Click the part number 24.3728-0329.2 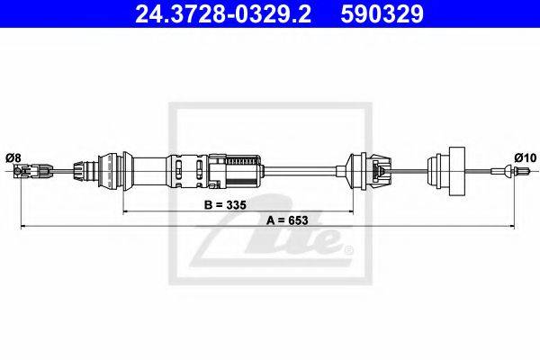coord(223,13)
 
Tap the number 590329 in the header coord(382,13)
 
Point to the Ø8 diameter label coord(13,158)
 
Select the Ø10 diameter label coord(526,157)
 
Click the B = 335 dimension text coord(225,205)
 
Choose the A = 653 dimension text coord(287,220)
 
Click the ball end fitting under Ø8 coord(17,170)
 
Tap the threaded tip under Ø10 coord(521,171)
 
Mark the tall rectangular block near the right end coord(456,171)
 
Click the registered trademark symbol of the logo coord(349,249)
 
